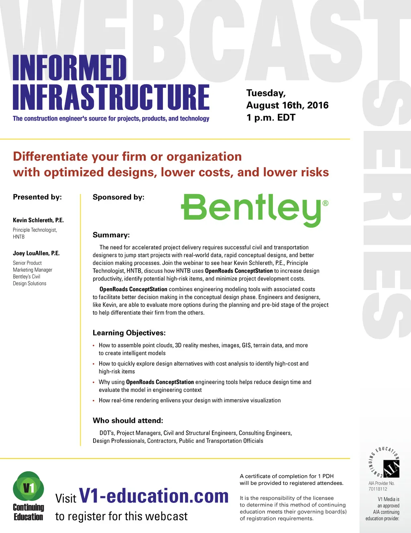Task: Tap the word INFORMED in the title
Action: pos(69,68)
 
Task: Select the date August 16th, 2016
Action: pos(287,105)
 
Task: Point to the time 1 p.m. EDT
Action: pos(271,118)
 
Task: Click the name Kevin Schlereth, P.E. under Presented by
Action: pos(38,220)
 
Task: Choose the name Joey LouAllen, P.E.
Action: pos(36,253)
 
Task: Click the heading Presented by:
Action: pos(37,197)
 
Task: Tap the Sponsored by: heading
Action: pos(118,197)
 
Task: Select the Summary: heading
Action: pos(111,235)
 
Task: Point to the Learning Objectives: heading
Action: pos(129,333)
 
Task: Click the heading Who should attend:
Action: pos(128,421)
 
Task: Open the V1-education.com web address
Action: pos(154,496)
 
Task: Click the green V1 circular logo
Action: pos(28,487)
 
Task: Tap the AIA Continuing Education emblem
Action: pos(384,463)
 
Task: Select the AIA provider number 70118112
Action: pos(378,489)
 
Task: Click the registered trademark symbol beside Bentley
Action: pos(326,203)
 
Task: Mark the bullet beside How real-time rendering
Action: pos(94,401)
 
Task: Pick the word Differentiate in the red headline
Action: pos(50,157)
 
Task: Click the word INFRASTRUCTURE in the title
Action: pos(111,97)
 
